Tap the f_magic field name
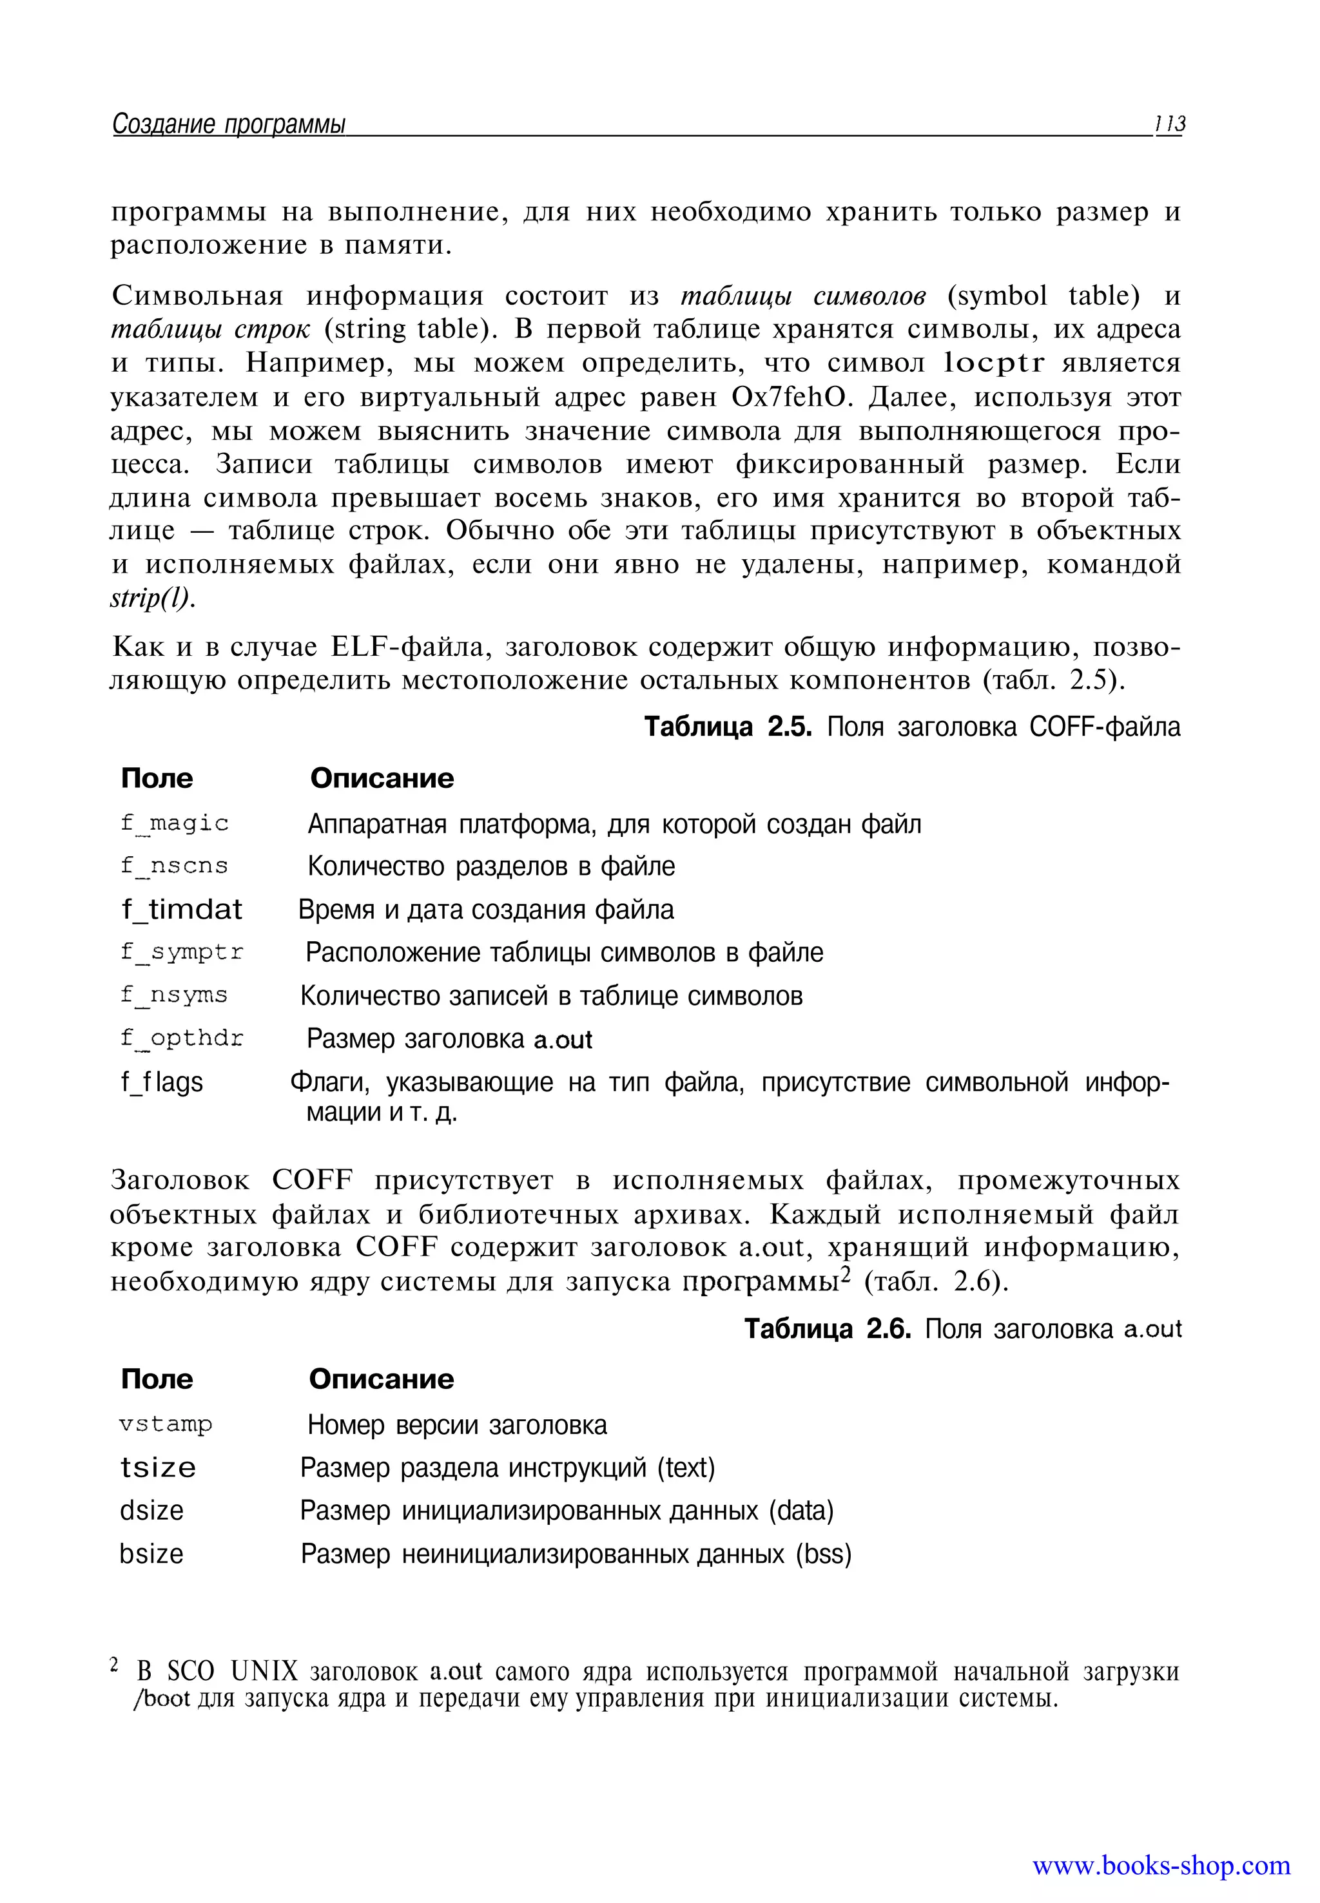175,823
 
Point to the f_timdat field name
181,910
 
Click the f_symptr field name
182,952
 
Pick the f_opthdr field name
182,1038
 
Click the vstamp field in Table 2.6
166,1424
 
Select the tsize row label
158,1468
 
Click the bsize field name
151,1554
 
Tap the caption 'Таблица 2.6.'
827,1329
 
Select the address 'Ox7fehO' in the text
791,397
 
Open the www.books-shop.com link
1161,1866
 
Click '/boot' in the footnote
162,1699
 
